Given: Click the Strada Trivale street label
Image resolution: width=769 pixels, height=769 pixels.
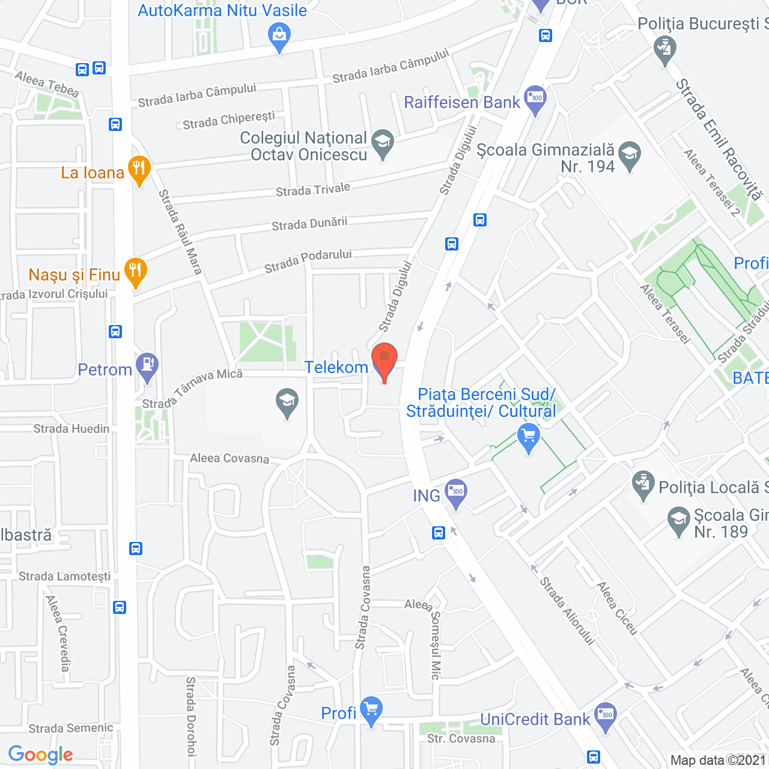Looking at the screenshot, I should coord(312,190).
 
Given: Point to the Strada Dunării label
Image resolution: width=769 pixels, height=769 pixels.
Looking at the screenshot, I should coord(309,224).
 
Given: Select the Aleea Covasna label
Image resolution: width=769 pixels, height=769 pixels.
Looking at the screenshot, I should coord(229,458).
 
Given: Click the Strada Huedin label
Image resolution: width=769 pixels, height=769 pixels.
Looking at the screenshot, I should coord(71,428).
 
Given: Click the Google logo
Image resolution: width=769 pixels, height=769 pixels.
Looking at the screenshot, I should coord(41,755).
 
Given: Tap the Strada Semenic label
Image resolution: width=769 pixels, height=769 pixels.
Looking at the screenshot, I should coord(71,728).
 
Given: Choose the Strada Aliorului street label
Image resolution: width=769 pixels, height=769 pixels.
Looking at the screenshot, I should coord(567,610).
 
